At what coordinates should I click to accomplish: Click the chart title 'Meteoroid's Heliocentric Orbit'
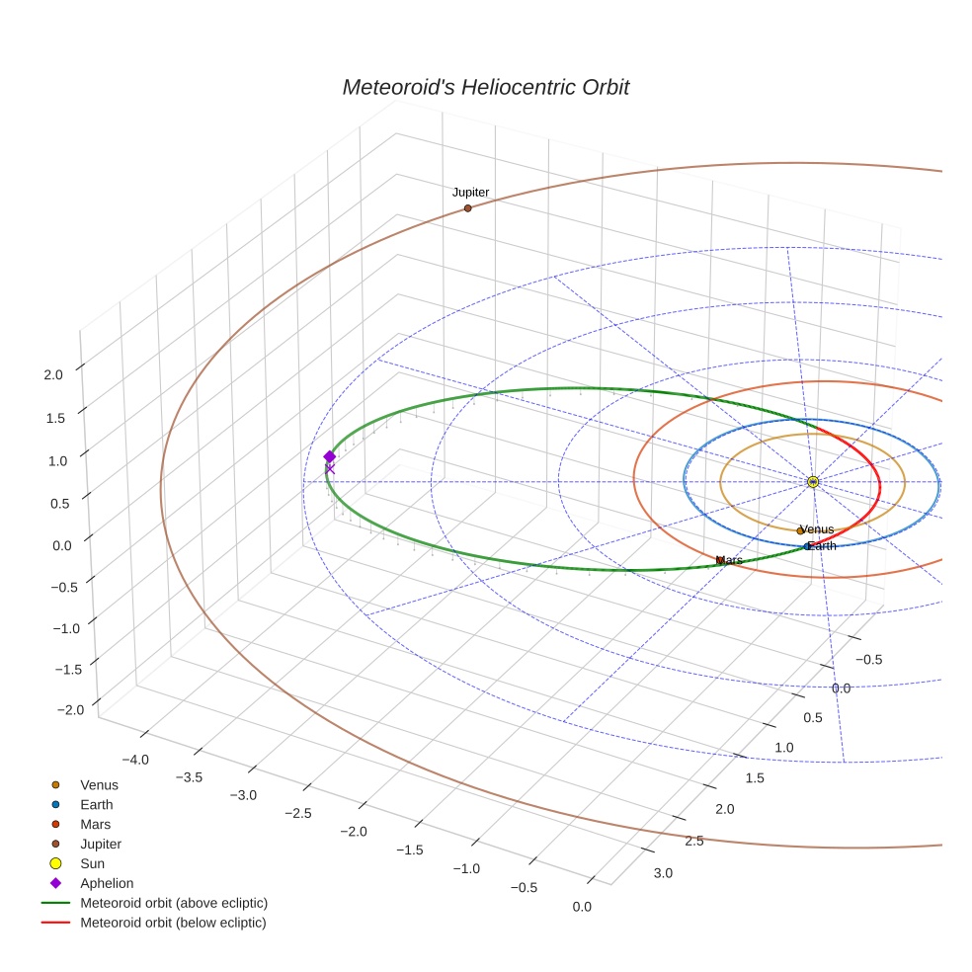click(x=485, y=88)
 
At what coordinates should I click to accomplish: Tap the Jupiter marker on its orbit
click(x=467, y=208)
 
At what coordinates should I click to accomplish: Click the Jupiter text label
click(x=470, y=193)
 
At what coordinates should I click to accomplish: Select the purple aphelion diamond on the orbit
click(x=330, y=456)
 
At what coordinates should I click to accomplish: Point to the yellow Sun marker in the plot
click(x=812, y=482)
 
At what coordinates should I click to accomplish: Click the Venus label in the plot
click(x=817, y=529)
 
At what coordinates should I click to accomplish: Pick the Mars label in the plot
click(x=730, y=560)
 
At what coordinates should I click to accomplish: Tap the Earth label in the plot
click(x=822, y=546)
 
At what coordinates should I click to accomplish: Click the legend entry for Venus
click(x=99, y=785)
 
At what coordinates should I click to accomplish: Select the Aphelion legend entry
click(x=107, y=883)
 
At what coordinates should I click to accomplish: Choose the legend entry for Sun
click(x=92, y=863)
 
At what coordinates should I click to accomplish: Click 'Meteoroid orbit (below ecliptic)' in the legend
click(x=173, y=923)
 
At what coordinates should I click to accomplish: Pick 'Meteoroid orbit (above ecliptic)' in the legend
click(x=174, y=903)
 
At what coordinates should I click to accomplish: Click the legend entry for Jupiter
click(x=101, y=845)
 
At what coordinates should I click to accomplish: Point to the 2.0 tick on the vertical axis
click(x=53, y=374)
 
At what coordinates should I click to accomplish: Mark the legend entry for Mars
click(x=95, y=824)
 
